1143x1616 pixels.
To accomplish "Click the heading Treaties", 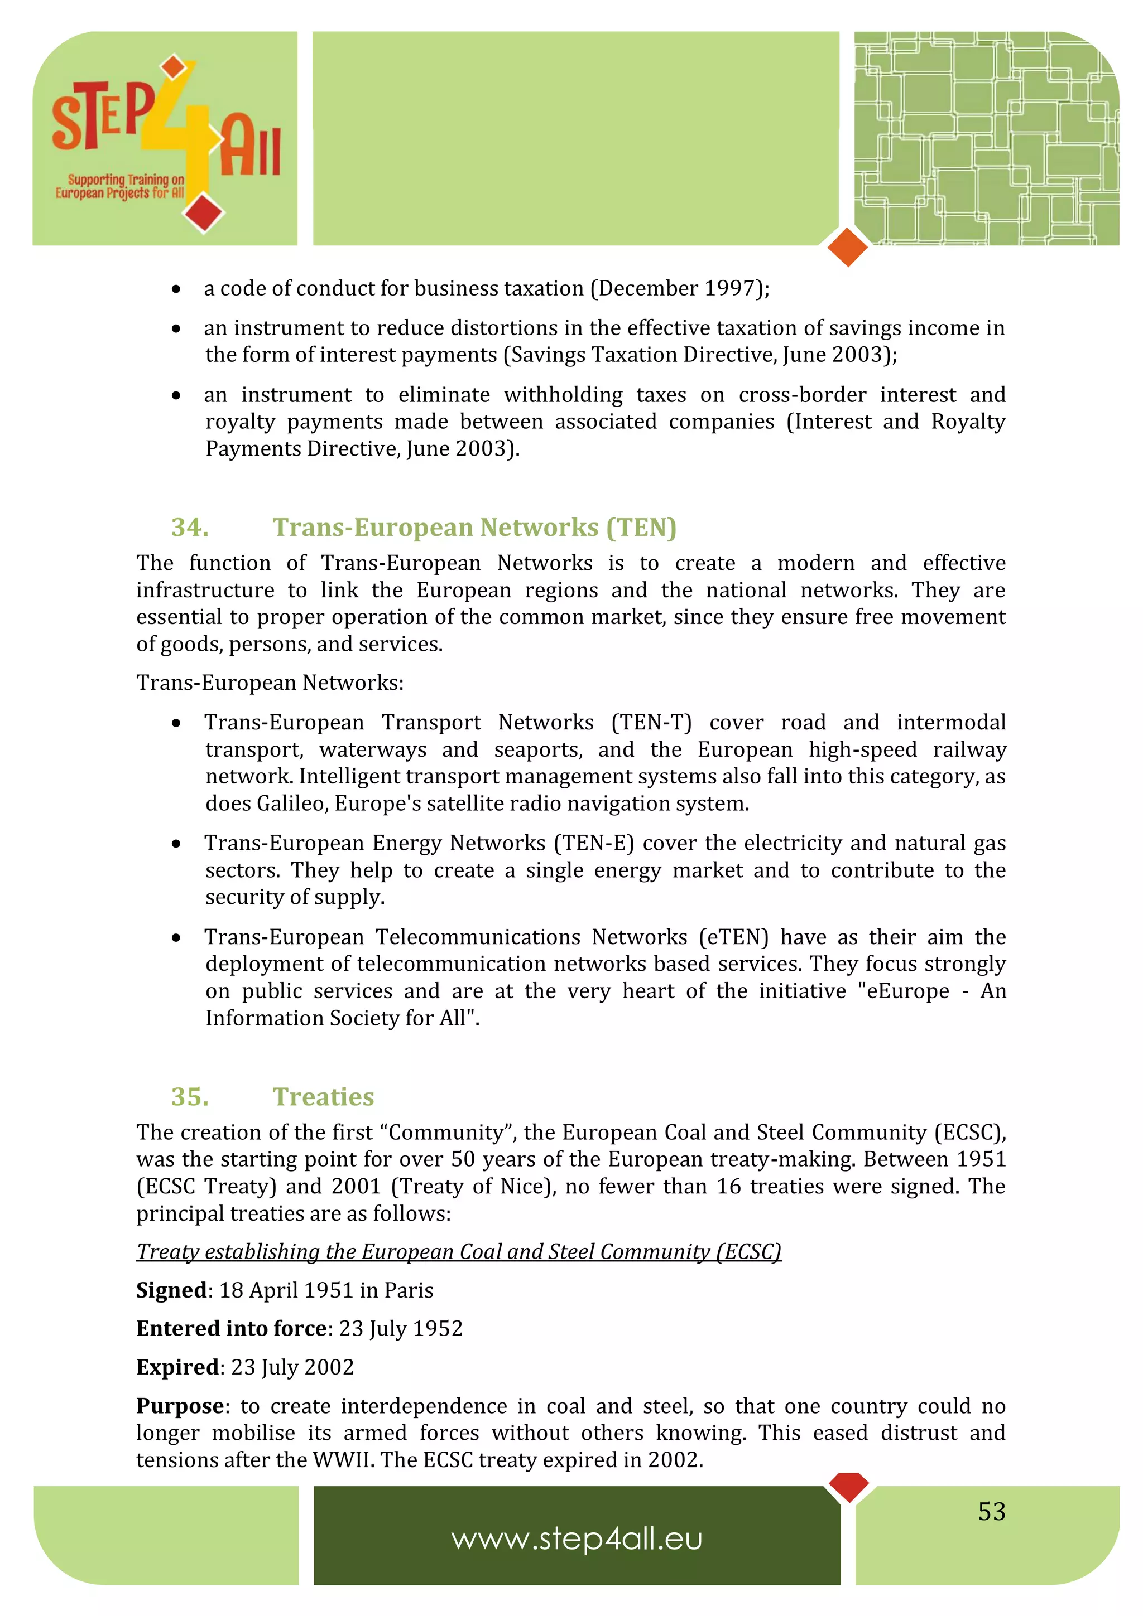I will (x=323, y=1096).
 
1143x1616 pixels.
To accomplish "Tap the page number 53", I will (x=991, y=1511).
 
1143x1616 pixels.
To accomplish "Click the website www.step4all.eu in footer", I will (x=577, y=1538).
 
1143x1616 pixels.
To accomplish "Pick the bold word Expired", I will (x=177, y=1367).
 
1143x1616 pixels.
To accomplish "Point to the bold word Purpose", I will (x=180, y=1406).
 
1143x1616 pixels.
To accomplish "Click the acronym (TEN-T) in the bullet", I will (x=651, y=722).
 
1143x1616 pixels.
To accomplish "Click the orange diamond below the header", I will (x=847, y=247).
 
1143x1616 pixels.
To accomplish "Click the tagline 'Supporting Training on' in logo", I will (x=126, y=180).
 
